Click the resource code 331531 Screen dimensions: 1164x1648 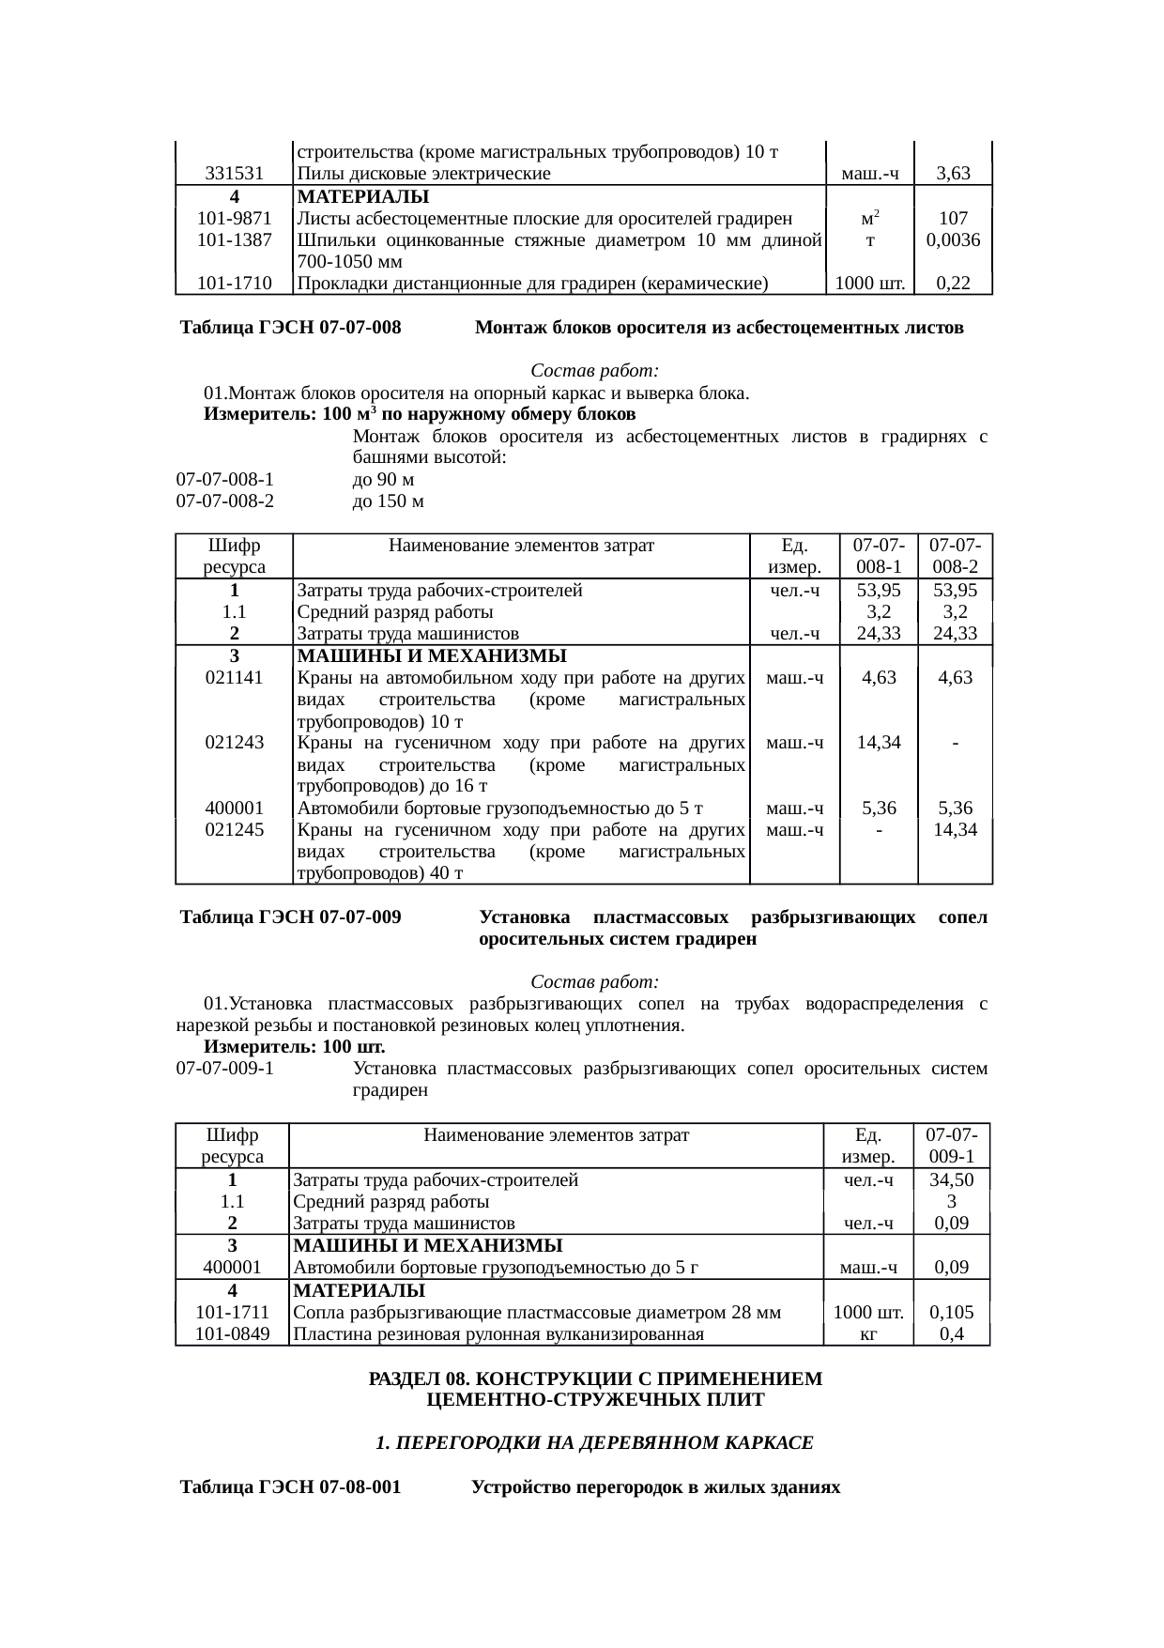234,174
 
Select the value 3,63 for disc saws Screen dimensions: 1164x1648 953,174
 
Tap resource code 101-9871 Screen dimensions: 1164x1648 234,219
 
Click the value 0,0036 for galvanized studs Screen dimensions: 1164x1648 953,240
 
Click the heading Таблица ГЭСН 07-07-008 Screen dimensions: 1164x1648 291,329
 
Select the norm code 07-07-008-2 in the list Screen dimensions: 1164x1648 225,501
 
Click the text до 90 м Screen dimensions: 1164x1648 383,480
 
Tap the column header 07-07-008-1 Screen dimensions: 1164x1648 878,556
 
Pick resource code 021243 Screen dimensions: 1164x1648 234,743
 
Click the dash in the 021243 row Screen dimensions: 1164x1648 955,743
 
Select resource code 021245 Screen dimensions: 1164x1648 234,830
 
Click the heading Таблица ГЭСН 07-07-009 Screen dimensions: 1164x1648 291,917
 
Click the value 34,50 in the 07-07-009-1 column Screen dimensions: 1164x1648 951,1180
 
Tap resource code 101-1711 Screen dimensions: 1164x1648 232,1312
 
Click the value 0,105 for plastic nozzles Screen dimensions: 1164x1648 951,1312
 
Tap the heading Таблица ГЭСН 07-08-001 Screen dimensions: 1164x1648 291,1488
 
